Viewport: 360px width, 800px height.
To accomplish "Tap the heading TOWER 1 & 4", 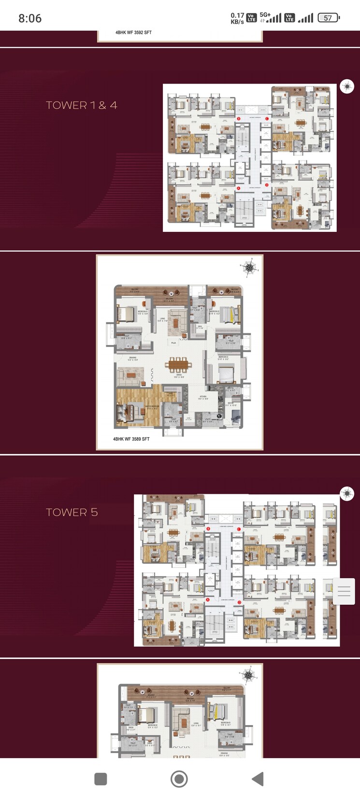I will (x=81, y=105).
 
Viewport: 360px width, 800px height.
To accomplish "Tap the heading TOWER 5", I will (x=72, y=512).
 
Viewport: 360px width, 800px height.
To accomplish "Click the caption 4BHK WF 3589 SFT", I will (x=131, y=439).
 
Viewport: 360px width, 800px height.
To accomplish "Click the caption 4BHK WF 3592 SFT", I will (x=133, y=32).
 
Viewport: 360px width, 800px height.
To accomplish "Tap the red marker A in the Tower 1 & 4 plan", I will (x=239, y=188).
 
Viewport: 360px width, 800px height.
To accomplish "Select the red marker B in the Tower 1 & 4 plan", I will (x=239, y=118).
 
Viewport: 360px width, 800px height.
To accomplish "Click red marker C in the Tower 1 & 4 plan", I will (x=267, y=118).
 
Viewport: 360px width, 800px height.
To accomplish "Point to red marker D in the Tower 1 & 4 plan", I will (x=267, y=184).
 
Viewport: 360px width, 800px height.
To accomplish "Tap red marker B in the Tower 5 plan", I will (x=208, y=529).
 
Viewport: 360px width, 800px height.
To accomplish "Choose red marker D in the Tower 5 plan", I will (x=239, y=602).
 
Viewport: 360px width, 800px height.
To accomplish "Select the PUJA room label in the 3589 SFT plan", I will (x=173, y=343).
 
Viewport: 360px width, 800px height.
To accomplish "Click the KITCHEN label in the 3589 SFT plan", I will (x=203, y=397).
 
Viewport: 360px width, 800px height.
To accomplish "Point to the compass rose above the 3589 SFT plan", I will (x=249, y=268).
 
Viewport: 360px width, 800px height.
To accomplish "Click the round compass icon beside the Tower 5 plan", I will (x=347, y=493).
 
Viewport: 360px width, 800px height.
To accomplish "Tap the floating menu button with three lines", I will (x=344, y=591).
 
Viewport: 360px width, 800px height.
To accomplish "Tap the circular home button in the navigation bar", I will (x=179, y=779).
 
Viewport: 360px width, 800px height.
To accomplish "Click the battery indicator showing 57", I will (x=329, y=18).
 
